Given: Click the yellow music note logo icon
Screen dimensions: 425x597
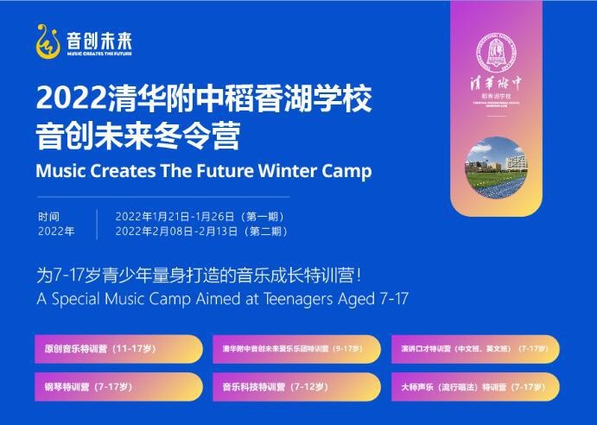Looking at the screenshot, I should pyautogui.click(x=48, y=41).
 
